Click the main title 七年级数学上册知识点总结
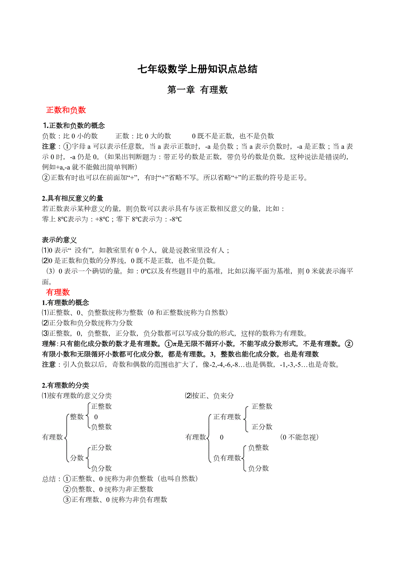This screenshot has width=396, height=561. click(197, 69)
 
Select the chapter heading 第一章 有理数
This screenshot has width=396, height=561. click(197, 90)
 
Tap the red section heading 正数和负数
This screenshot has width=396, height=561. click(66, 110)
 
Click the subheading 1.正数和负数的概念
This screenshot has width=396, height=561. click(74, 126)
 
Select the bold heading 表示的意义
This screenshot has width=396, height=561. click(59, 240)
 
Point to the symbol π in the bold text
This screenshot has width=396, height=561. click(174, 344)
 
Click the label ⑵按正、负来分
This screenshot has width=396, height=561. click(209, 396)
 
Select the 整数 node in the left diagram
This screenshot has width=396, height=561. click(77, 417)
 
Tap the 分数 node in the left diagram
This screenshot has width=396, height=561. click(77, 458)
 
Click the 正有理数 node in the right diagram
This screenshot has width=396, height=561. click(227, 417)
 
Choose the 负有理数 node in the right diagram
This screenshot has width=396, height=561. click(227, 458)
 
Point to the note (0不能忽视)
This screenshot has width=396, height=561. click(300, 437)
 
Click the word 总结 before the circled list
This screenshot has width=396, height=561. click(51, 479)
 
